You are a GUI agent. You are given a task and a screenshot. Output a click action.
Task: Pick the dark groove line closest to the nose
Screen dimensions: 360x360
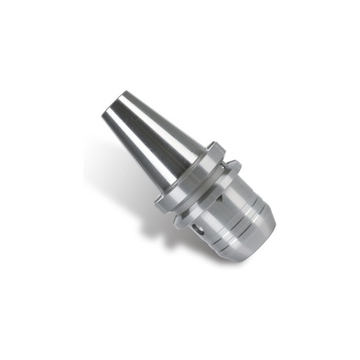pyautogui.click(x=248, y=240)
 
